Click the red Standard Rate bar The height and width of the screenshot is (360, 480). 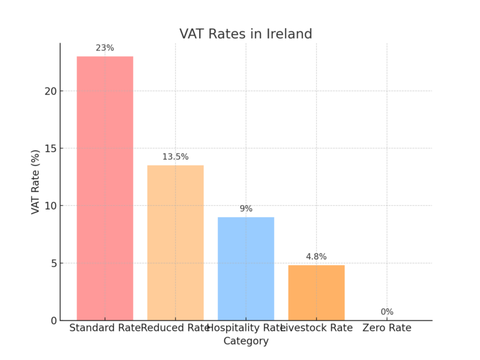click(x=105, y=188)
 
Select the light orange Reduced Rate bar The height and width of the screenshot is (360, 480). click(x=175, y=242)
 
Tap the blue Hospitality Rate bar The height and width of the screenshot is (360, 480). click(x=246, y=268)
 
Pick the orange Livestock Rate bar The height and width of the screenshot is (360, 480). click(x=316, y=292)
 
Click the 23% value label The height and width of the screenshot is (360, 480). click(x=105, y=47)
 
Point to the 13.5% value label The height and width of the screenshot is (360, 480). click(x=175, y=157)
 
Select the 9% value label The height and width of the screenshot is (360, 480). click(x=246, y=209)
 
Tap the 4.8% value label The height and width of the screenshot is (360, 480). click(x=316, y=257)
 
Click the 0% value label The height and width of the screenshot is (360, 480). click(x=387, y=312)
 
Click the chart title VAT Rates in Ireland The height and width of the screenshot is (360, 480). click(x=246, y=34)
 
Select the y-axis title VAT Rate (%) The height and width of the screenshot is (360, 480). click(x=35, y=182)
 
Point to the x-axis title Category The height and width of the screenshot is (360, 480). click(x=246, y=341)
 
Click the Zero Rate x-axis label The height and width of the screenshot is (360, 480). click(x=387, y=328)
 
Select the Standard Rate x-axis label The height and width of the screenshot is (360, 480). click(x=104, y=328)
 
